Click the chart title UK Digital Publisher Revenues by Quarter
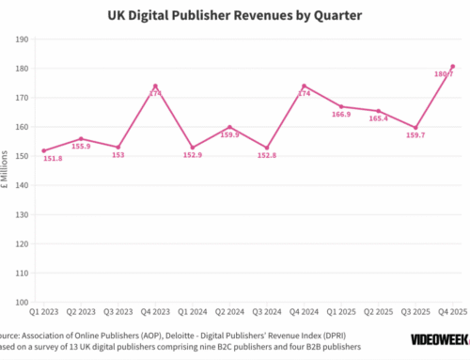pyautogui.click(x=235, y=15)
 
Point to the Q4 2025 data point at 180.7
pyautogui.click(x=453, y=67)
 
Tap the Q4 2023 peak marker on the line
pyautogui.click(x=155, y=86)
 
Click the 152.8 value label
pyautogui.click(x=267, y=157)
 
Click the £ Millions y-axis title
pyautogui.click(x=7, y=171)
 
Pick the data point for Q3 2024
pyautogui.click(x=267, y=148)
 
